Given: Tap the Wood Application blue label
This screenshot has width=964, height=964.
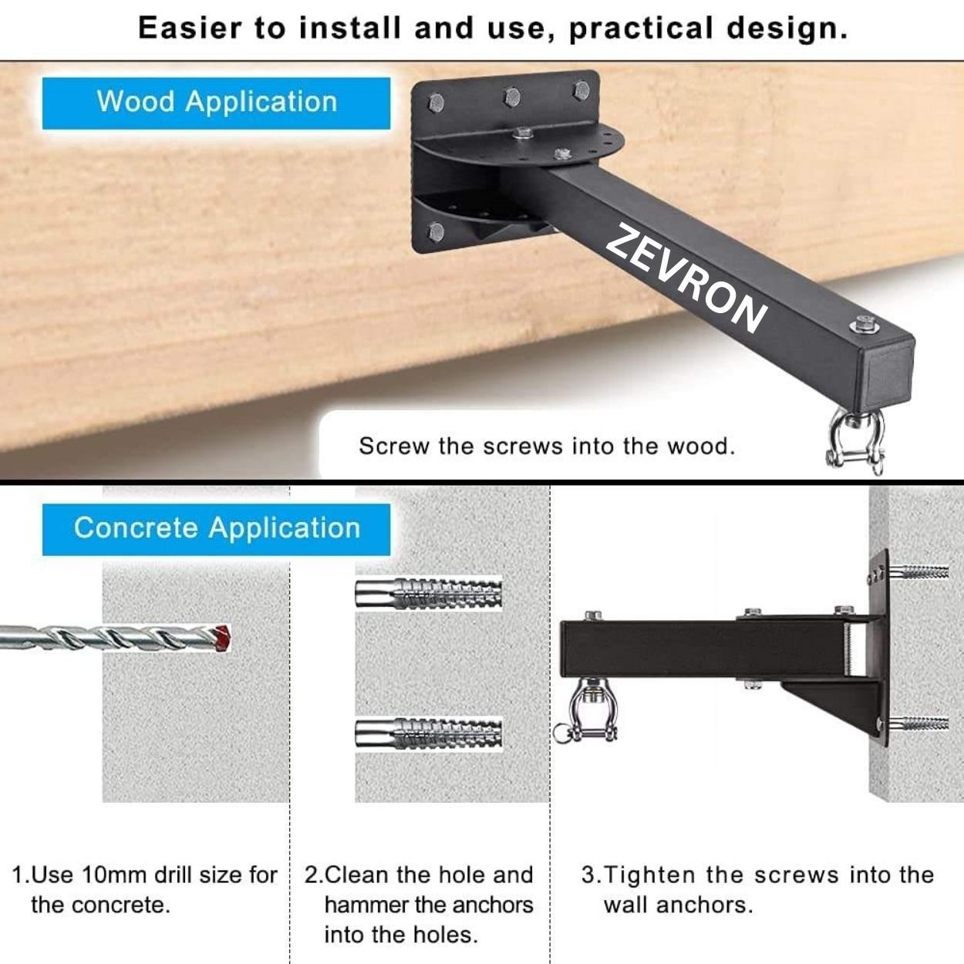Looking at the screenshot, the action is (x=216, y=103).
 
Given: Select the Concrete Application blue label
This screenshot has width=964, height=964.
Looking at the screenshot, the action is (x=216, y=529).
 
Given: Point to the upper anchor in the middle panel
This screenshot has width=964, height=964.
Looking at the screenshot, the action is (x=429, y=593).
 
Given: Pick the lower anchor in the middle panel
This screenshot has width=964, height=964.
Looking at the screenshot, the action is (x=429, y=734).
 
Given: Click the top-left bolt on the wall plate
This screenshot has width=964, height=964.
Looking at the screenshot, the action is (x=436, y=103).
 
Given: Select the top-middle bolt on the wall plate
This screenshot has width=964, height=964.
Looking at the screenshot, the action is (x=512, y=96).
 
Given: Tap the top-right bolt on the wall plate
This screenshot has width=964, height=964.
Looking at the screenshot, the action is (x=581, y=90).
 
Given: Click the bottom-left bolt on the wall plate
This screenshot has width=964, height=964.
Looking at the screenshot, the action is (x=436, y=231).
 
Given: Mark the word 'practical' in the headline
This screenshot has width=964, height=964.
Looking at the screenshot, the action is (x=641, y=29).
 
